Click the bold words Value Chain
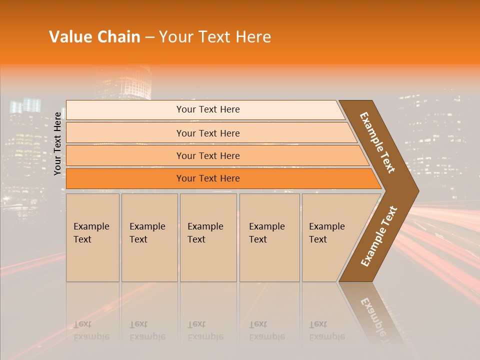click(94, 37)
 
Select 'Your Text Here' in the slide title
click(215, 37)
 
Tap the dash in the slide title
click(149, 37)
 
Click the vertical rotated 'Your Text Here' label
click(57, 143)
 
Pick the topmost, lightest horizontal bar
click(207, 109)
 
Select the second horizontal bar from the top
click(207, 133)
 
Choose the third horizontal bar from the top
click(207, 155)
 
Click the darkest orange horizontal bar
click(207, 178)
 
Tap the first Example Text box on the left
click(92, 237)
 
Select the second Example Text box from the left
click(149, 237)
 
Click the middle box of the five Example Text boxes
click(208, 237)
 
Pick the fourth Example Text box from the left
click(269, 237)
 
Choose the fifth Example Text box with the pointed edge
click(330, 237)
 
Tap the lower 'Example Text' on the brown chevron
click(379, 236)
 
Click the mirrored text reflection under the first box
click(91, 330)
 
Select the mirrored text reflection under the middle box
click(205, 330)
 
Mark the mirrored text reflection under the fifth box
click(326, 330)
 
